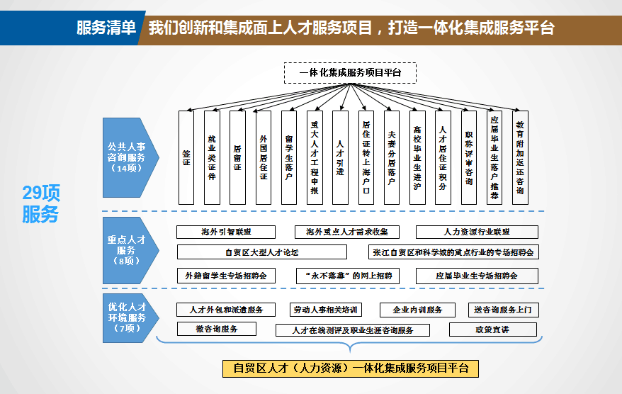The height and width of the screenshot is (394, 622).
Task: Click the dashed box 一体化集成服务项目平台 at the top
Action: pyautogui.click(x=350, y=73)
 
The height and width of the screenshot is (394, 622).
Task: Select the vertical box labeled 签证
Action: pyautogui.click(x=186, y=157)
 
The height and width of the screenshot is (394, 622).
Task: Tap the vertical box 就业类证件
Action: pyautogui.click(x=212, y=157)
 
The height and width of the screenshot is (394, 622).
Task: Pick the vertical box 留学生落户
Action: pyautogui.click(x=289, y=157)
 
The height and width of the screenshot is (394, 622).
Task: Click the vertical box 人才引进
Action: pyautogui.click(x=340, y=157)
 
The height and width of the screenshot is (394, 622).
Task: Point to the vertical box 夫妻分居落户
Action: pyautogui.click(x=392, y=157)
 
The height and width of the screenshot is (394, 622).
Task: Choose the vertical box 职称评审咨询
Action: pyautogui.click(x=469, y=157)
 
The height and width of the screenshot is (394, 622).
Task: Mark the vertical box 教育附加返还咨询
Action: pyautogui.click(x=520, y=157)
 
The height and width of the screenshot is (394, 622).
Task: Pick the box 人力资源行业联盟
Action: pyautogui.click(x=477, y=232)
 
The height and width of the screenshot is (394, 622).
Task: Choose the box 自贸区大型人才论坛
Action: pyautogui.click(x=261, y=252)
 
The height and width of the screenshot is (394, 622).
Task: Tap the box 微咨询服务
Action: pyautogui.click(x=217, y=329)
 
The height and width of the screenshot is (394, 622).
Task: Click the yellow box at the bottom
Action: pyautogui.click(x=351, y=368)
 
